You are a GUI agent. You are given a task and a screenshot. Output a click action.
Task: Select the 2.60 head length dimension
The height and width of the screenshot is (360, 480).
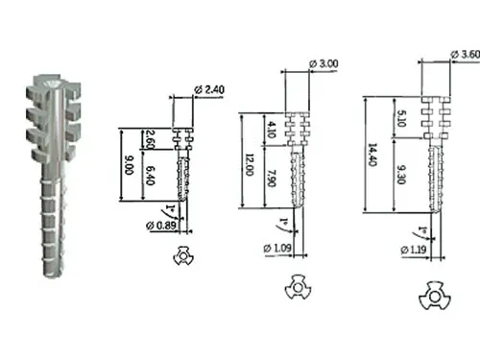point(150,139)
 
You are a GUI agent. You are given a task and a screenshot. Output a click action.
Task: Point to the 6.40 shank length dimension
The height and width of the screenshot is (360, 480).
point(150,176)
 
